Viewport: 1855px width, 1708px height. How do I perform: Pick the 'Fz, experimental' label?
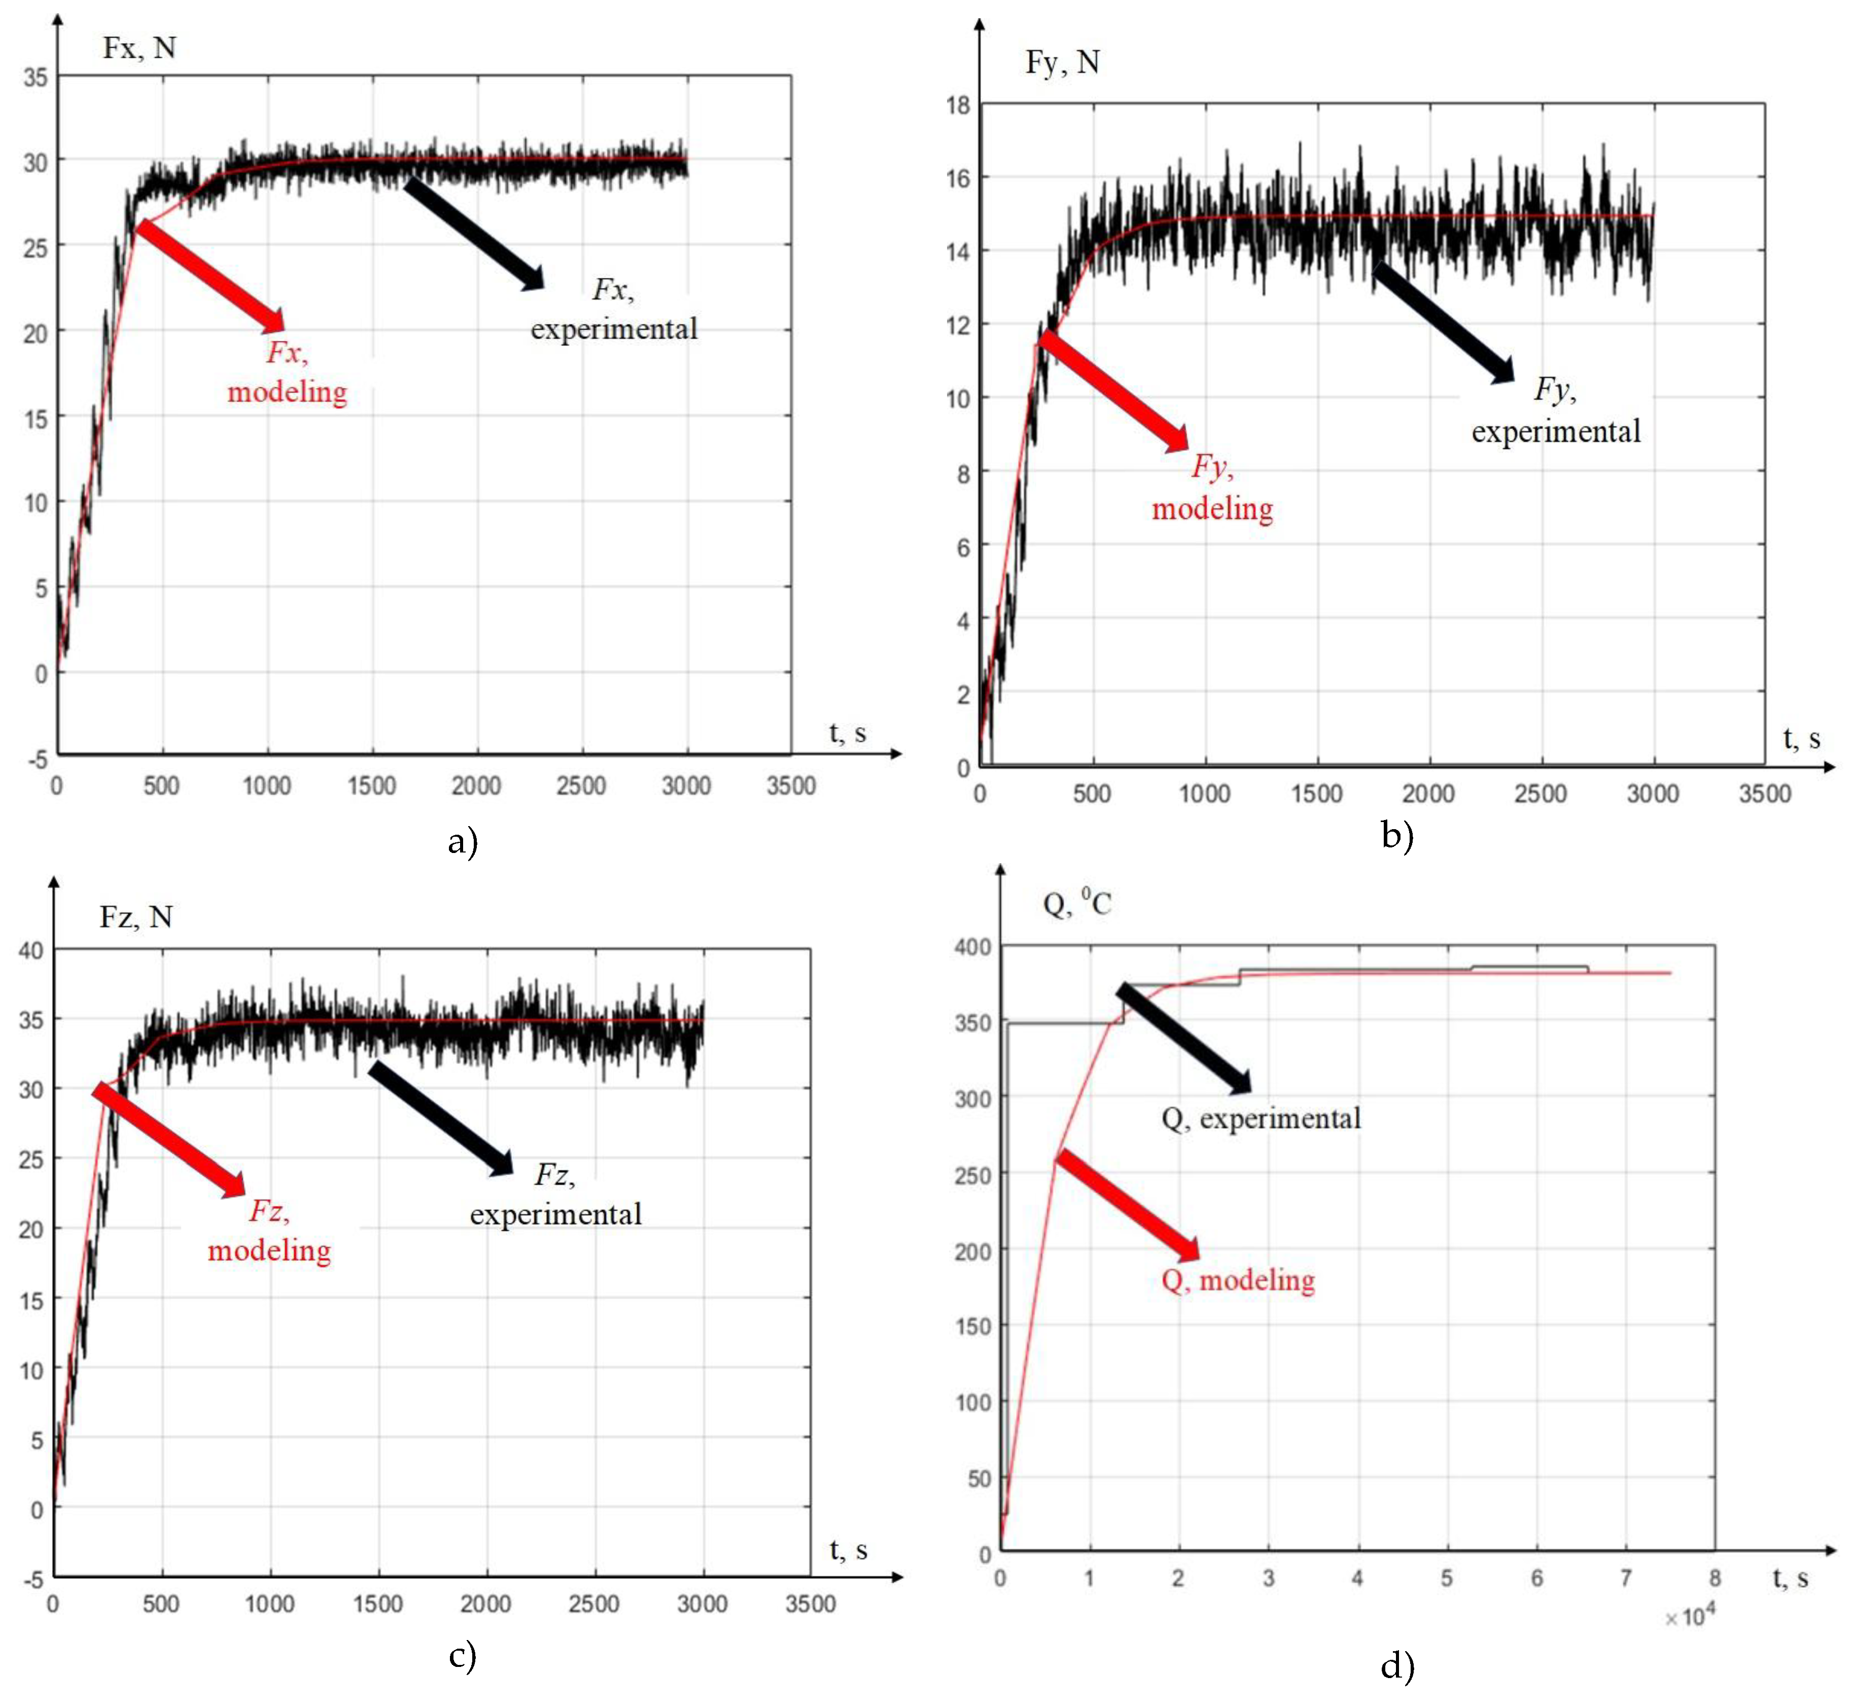(555, 1195)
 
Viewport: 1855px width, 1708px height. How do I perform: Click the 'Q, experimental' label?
(1261, 1119)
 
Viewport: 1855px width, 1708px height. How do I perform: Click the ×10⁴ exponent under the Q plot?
(1690, 1617)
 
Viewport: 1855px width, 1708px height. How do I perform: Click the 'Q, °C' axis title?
(1077, 903)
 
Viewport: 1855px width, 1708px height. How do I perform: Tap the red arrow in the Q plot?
(1128, 1205)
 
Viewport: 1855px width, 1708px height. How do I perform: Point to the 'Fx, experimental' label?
(614, 310)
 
